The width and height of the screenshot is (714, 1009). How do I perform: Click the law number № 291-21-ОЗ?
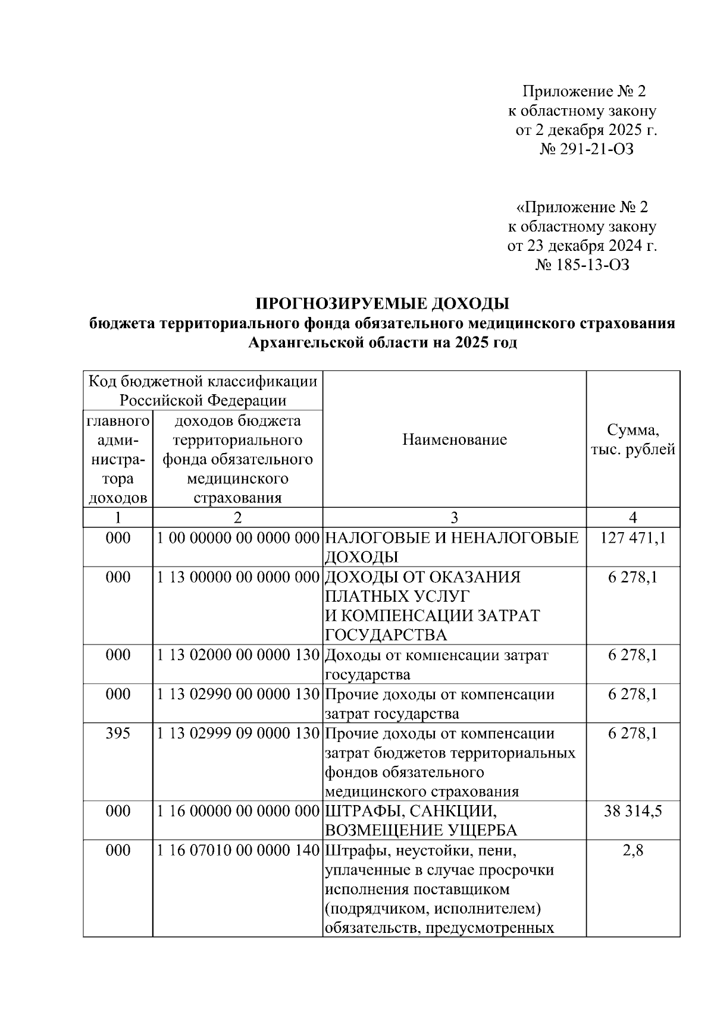[586, 149]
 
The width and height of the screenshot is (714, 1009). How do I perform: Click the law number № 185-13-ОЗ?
[582, 265]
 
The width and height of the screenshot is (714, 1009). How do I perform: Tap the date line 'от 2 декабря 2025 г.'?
[585, 130]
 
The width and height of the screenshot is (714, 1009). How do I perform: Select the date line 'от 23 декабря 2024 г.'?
[582, 246]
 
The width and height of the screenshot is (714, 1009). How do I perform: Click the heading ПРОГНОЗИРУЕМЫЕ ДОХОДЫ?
[382, 304]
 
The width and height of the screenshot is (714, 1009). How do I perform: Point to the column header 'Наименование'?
[455, 440]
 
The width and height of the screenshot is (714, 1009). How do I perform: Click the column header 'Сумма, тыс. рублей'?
[632, 440]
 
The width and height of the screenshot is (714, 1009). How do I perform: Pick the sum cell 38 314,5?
[632, 812]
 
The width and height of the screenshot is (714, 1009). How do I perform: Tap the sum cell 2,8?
[632, 851]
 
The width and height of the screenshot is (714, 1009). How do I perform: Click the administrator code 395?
[118, 734]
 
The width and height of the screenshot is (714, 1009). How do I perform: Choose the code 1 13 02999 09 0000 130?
[238, 734]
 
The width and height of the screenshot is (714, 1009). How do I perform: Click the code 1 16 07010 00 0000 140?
[238, 851]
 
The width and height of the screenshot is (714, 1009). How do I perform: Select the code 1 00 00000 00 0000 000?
[238, 538]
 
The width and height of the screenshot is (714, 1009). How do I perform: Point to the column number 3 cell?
[455, 517]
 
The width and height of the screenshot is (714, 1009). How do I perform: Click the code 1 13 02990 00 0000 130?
[238, 694]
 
